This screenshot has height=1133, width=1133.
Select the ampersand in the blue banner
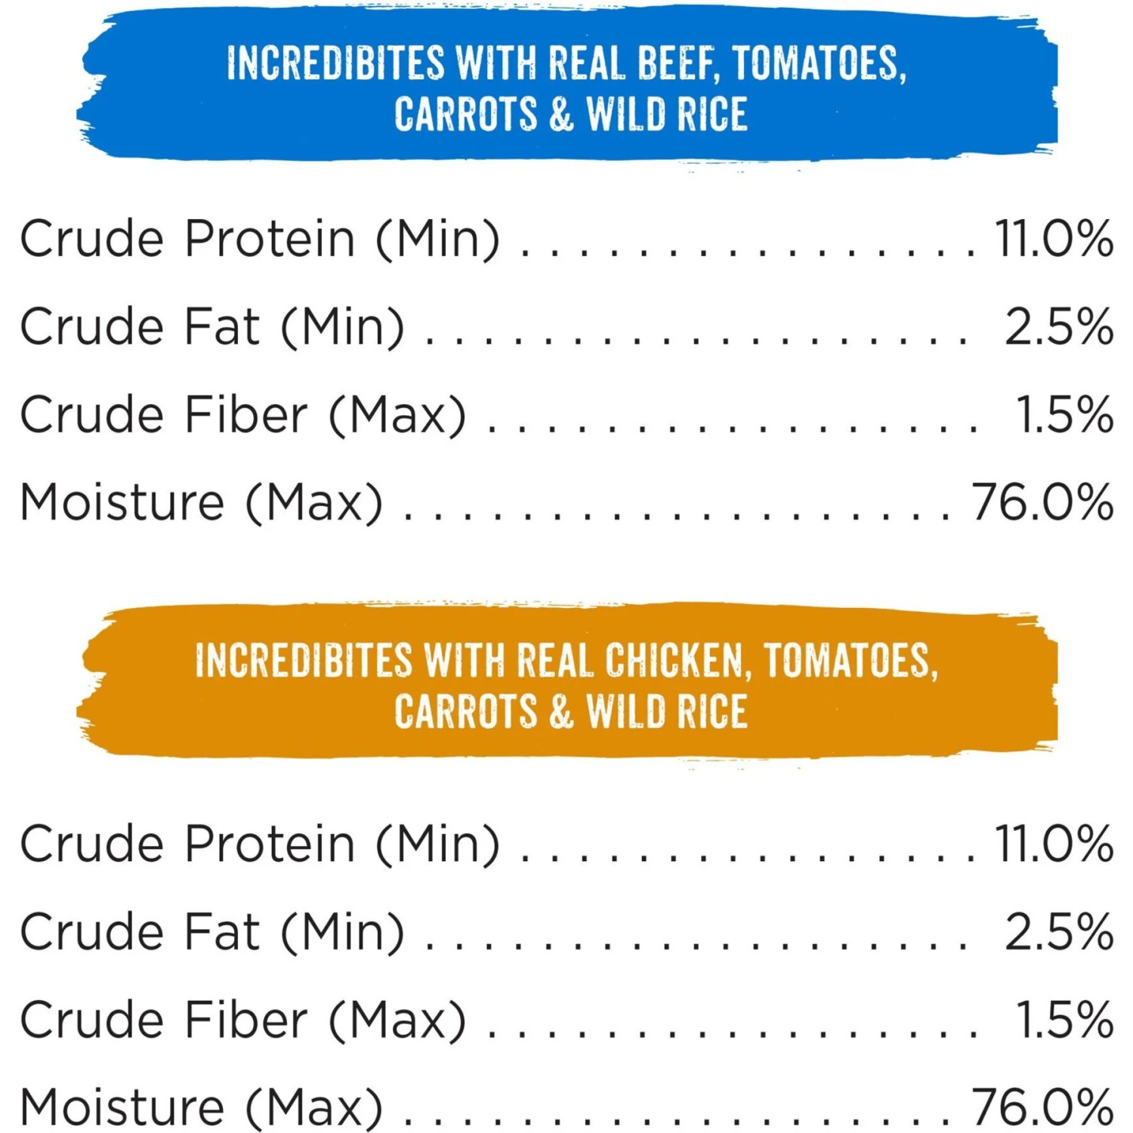561,115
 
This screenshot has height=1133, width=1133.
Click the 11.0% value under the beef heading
1054,239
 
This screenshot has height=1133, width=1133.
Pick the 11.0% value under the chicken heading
1054,844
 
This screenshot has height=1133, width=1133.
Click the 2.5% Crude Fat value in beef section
1059,327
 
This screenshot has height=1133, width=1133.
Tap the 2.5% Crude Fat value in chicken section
1059,932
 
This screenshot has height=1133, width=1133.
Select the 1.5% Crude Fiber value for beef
1064,415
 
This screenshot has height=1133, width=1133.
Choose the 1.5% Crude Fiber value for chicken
1064,1020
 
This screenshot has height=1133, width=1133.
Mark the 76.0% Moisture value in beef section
1042,502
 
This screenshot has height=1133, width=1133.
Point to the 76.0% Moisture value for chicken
1042,1107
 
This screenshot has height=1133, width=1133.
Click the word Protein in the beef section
270,239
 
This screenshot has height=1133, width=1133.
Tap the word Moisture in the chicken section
122,1107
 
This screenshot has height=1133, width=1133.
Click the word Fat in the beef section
222,327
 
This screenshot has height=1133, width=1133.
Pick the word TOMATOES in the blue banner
818,63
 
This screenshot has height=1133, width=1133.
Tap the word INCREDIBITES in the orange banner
304,662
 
